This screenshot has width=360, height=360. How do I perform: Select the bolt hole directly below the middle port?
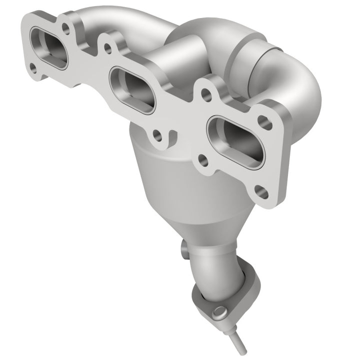point(157,135)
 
